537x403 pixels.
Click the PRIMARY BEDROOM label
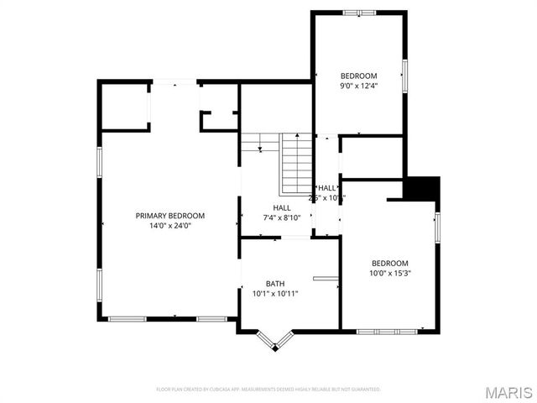(169, 216)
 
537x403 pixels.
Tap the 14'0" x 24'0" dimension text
(169, 226)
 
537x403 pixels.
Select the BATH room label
(275, 283)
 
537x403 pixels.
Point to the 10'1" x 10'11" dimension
(275, 294)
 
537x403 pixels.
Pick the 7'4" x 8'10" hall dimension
(282, 218)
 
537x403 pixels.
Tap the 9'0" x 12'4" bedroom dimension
(358, 86)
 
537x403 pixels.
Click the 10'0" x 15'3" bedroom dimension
(390, 273)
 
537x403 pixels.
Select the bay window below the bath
(274, 341)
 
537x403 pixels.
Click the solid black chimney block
(423, 187)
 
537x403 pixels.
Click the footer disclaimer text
(268, 390)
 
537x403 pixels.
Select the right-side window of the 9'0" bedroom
(404, 76)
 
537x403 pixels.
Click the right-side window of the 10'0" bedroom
(437, 228)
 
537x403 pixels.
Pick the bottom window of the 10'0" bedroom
(387, 331)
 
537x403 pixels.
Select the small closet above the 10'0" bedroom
(373, 156)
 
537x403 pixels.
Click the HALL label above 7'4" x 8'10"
(282, 207)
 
